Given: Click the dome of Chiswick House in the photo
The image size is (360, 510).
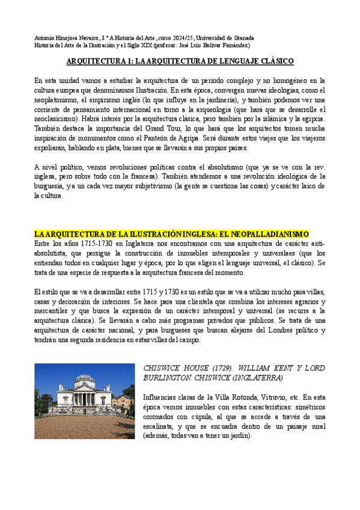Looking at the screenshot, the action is pyautogui.click(x=85, y=379).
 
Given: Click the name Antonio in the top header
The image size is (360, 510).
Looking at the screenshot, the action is pyautogui.click(x=44, y=37).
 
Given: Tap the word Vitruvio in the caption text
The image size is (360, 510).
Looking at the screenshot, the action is pyautogui.click(x=278, y=397).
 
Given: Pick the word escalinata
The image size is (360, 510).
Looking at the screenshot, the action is pyautogui.click(x=163, y=426).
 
